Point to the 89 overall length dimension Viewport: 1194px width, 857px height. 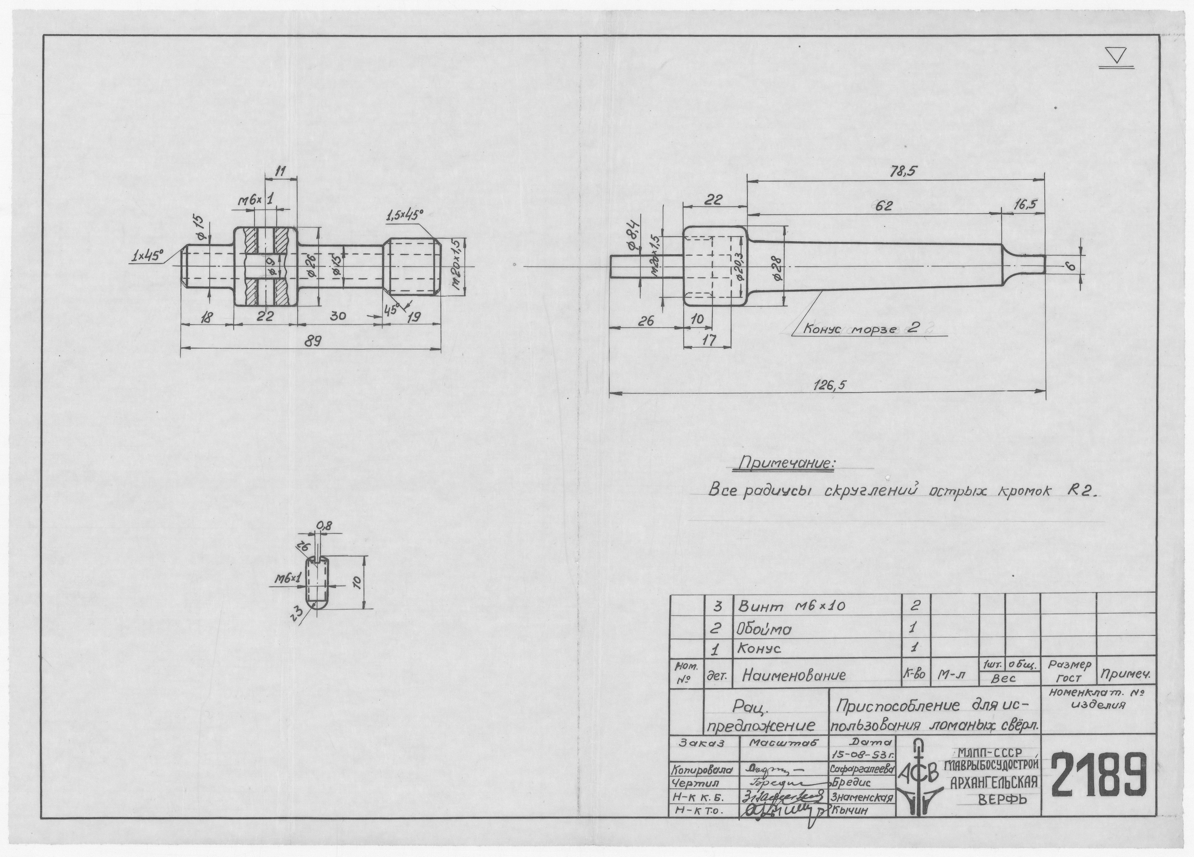[314, 341]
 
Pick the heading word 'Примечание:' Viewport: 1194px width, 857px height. [788, 463]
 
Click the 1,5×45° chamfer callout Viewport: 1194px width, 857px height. [405, 215]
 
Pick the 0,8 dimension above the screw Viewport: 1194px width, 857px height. [324, 525]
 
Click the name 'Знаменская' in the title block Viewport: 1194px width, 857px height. [862, 798]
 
